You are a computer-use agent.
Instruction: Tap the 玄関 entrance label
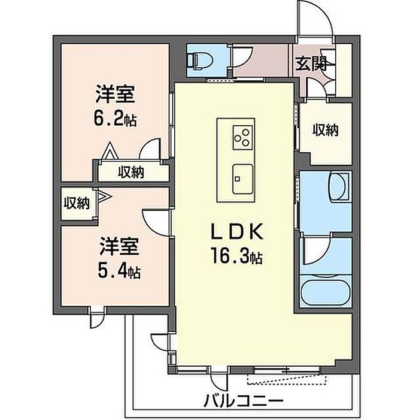click(x=309, y=63)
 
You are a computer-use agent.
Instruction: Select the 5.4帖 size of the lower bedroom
click(x=120, y=273)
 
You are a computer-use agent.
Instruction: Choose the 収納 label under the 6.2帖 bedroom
click(x=130, y=173)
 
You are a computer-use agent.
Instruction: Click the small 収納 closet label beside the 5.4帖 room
click(x=76, y=204)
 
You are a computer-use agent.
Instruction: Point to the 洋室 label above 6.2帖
click(x=115, y=95)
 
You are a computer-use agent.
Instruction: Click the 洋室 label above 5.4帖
click(x=120, y=247)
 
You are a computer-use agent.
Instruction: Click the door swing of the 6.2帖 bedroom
click(x=151, y=150)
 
